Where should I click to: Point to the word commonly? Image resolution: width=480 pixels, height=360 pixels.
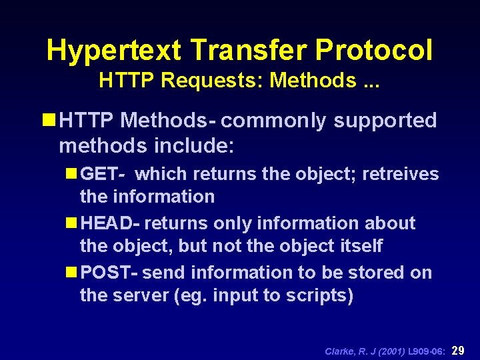click(x=274, y=121)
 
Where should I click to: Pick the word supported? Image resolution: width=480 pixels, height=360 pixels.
click(x=385, y=121)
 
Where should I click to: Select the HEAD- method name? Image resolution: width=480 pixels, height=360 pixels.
click(x=110, y=223)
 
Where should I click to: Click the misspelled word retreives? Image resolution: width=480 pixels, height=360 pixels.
click(x=401, y=175)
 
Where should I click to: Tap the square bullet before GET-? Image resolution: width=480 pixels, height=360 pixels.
click(x=71, y=175)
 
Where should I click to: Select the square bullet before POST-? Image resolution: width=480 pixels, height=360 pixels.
click(x=71, y=273)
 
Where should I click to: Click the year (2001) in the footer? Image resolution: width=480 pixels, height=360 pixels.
click(x=387, y=351)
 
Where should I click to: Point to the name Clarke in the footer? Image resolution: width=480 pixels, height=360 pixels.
click(x=339, y=351)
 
